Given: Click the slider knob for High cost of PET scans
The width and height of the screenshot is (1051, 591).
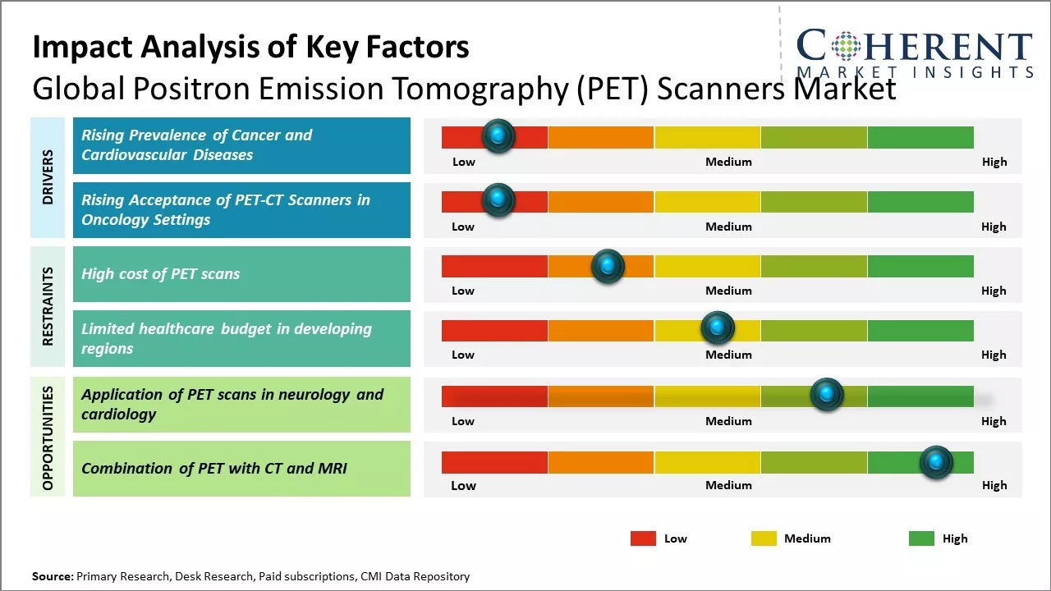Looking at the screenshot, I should [608, 266].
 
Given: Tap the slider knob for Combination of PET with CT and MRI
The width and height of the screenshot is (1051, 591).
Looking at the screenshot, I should [935, 462].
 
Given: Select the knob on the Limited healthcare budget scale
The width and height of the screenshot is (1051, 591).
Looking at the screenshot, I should [718, 328].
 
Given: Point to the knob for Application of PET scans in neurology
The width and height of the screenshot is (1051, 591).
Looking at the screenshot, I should [826, 395].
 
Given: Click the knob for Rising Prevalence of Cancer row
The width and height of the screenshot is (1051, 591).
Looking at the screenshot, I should [498, 136].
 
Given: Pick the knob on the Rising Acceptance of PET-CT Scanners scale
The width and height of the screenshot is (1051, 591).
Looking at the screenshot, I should [498, 200].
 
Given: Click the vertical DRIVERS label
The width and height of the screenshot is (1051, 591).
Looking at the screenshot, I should [48, 176].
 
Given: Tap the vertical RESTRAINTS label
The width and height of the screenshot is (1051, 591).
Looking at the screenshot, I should [48, 306].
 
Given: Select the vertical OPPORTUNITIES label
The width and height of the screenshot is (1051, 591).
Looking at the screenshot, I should [48, 438].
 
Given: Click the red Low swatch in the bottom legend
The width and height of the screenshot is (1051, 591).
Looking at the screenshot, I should [643, 538].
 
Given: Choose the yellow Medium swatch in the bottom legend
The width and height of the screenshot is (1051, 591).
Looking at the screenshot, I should [764, 538].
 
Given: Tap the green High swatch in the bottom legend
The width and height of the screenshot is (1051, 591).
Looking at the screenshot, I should [921, 538].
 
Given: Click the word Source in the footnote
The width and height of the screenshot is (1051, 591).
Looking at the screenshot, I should [52, 577].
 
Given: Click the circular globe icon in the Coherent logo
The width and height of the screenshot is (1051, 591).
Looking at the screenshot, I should [847, 47].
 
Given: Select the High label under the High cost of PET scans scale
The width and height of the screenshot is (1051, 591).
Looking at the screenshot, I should [994, 291].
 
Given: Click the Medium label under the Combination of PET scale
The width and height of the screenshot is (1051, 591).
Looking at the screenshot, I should [728, 485].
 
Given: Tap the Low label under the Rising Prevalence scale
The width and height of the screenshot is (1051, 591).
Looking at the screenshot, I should [464, 162].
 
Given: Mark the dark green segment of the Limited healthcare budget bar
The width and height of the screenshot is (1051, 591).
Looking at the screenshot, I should [920, 330].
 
